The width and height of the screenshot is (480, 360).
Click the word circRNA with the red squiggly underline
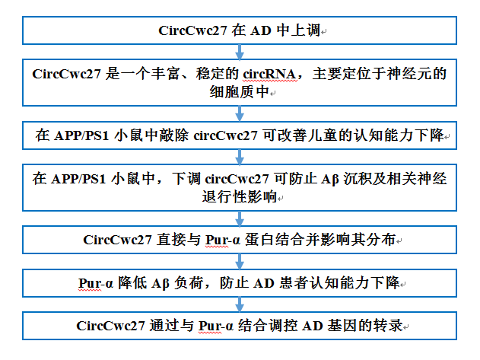(x=269, y=74)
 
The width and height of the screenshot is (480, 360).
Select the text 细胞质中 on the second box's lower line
(x=240, y=91)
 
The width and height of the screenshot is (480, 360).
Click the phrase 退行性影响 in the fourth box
(x=240, y=196)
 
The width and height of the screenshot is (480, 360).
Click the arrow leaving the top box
(x=240, y=52)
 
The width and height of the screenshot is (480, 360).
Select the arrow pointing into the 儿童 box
(x=240, y=113)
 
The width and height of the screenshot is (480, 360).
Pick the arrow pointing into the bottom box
(x=240, y=304)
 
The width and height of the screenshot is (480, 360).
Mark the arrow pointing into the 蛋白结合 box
(x=240, y=218)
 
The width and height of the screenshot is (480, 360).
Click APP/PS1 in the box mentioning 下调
(x=78, y=179)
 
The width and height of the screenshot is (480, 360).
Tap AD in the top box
(x=261, y=30)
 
